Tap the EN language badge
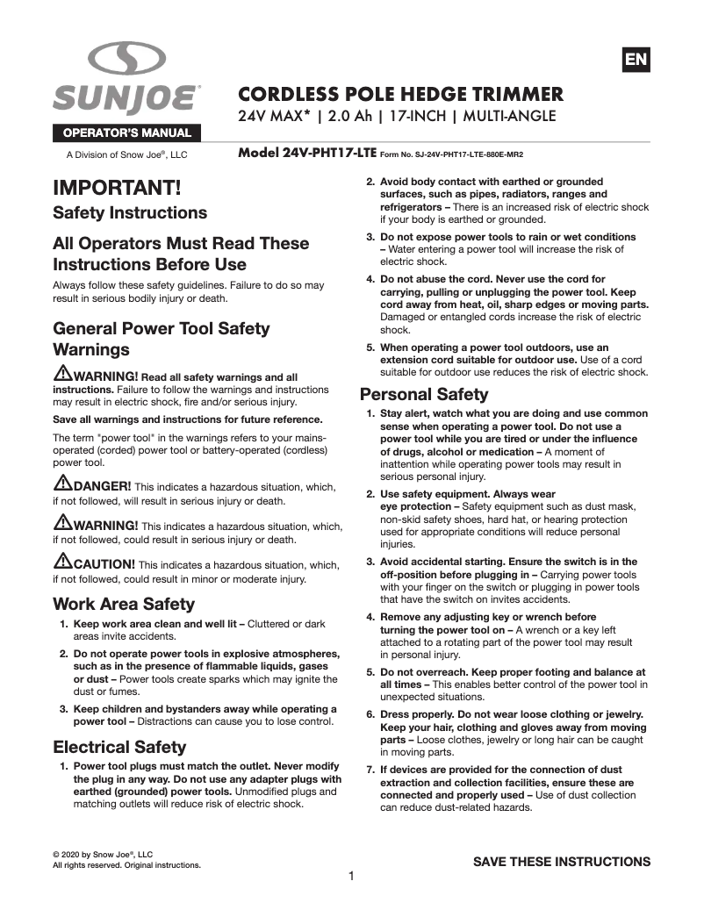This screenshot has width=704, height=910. pyautogui.click(x=636, y=60)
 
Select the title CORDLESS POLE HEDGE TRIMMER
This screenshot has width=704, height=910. pyautogui.click(x=401, y=94)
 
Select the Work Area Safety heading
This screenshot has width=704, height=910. pyautogui.click(x=124, y=604)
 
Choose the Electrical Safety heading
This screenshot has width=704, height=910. pyautogui.click(x=119, y=747)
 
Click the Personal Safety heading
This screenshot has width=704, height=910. pyautogui.click(x=424, y=393)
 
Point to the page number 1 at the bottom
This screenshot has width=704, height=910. pyautogui.click(x=351, y=876)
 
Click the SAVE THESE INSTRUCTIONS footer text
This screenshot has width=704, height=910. pyautogui.click(x=562, y=861)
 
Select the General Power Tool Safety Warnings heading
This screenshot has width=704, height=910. pyautogui.click(x=162, y=339)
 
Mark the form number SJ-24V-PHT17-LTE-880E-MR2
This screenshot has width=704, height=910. pyautogui.click(x=462, y=154)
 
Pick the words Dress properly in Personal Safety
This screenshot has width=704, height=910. pyautogui.click(x=415, y=715)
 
